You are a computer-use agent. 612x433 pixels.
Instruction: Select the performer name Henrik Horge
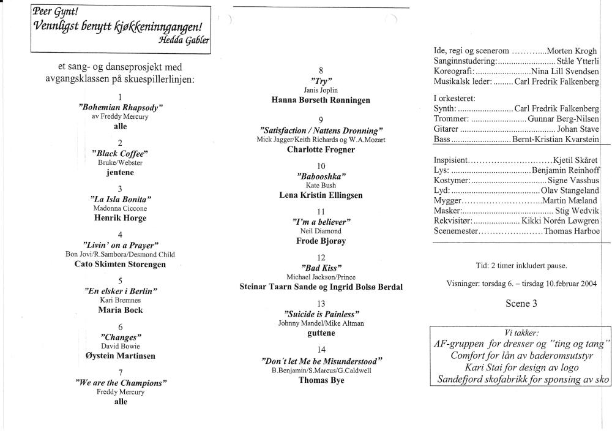(120, 217)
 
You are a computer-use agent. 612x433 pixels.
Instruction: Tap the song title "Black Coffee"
(121, 152)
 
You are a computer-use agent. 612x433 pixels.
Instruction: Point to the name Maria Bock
(121, 310)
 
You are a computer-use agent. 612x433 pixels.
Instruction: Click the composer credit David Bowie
(121, 346)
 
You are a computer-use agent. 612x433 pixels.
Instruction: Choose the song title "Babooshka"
(321, 176)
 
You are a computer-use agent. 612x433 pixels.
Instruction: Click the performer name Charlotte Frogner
(321, 149)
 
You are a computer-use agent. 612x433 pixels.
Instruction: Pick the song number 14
(321, 350)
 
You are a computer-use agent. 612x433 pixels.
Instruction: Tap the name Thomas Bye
(321, 380)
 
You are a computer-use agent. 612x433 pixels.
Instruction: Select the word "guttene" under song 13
(321, 333)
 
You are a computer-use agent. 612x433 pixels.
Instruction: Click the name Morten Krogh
(573, 51)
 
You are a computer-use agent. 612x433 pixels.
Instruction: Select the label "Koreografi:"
(453, 71)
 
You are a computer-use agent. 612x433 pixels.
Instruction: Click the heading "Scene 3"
(521, 303)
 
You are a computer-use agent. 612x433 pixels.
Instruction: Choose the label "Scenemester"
(455, 232)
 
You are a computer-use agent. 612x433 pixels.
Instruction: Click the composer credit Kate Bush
(321, 185)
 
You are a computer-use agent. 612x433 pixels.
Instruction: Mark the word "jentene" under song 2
(121, 172)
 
